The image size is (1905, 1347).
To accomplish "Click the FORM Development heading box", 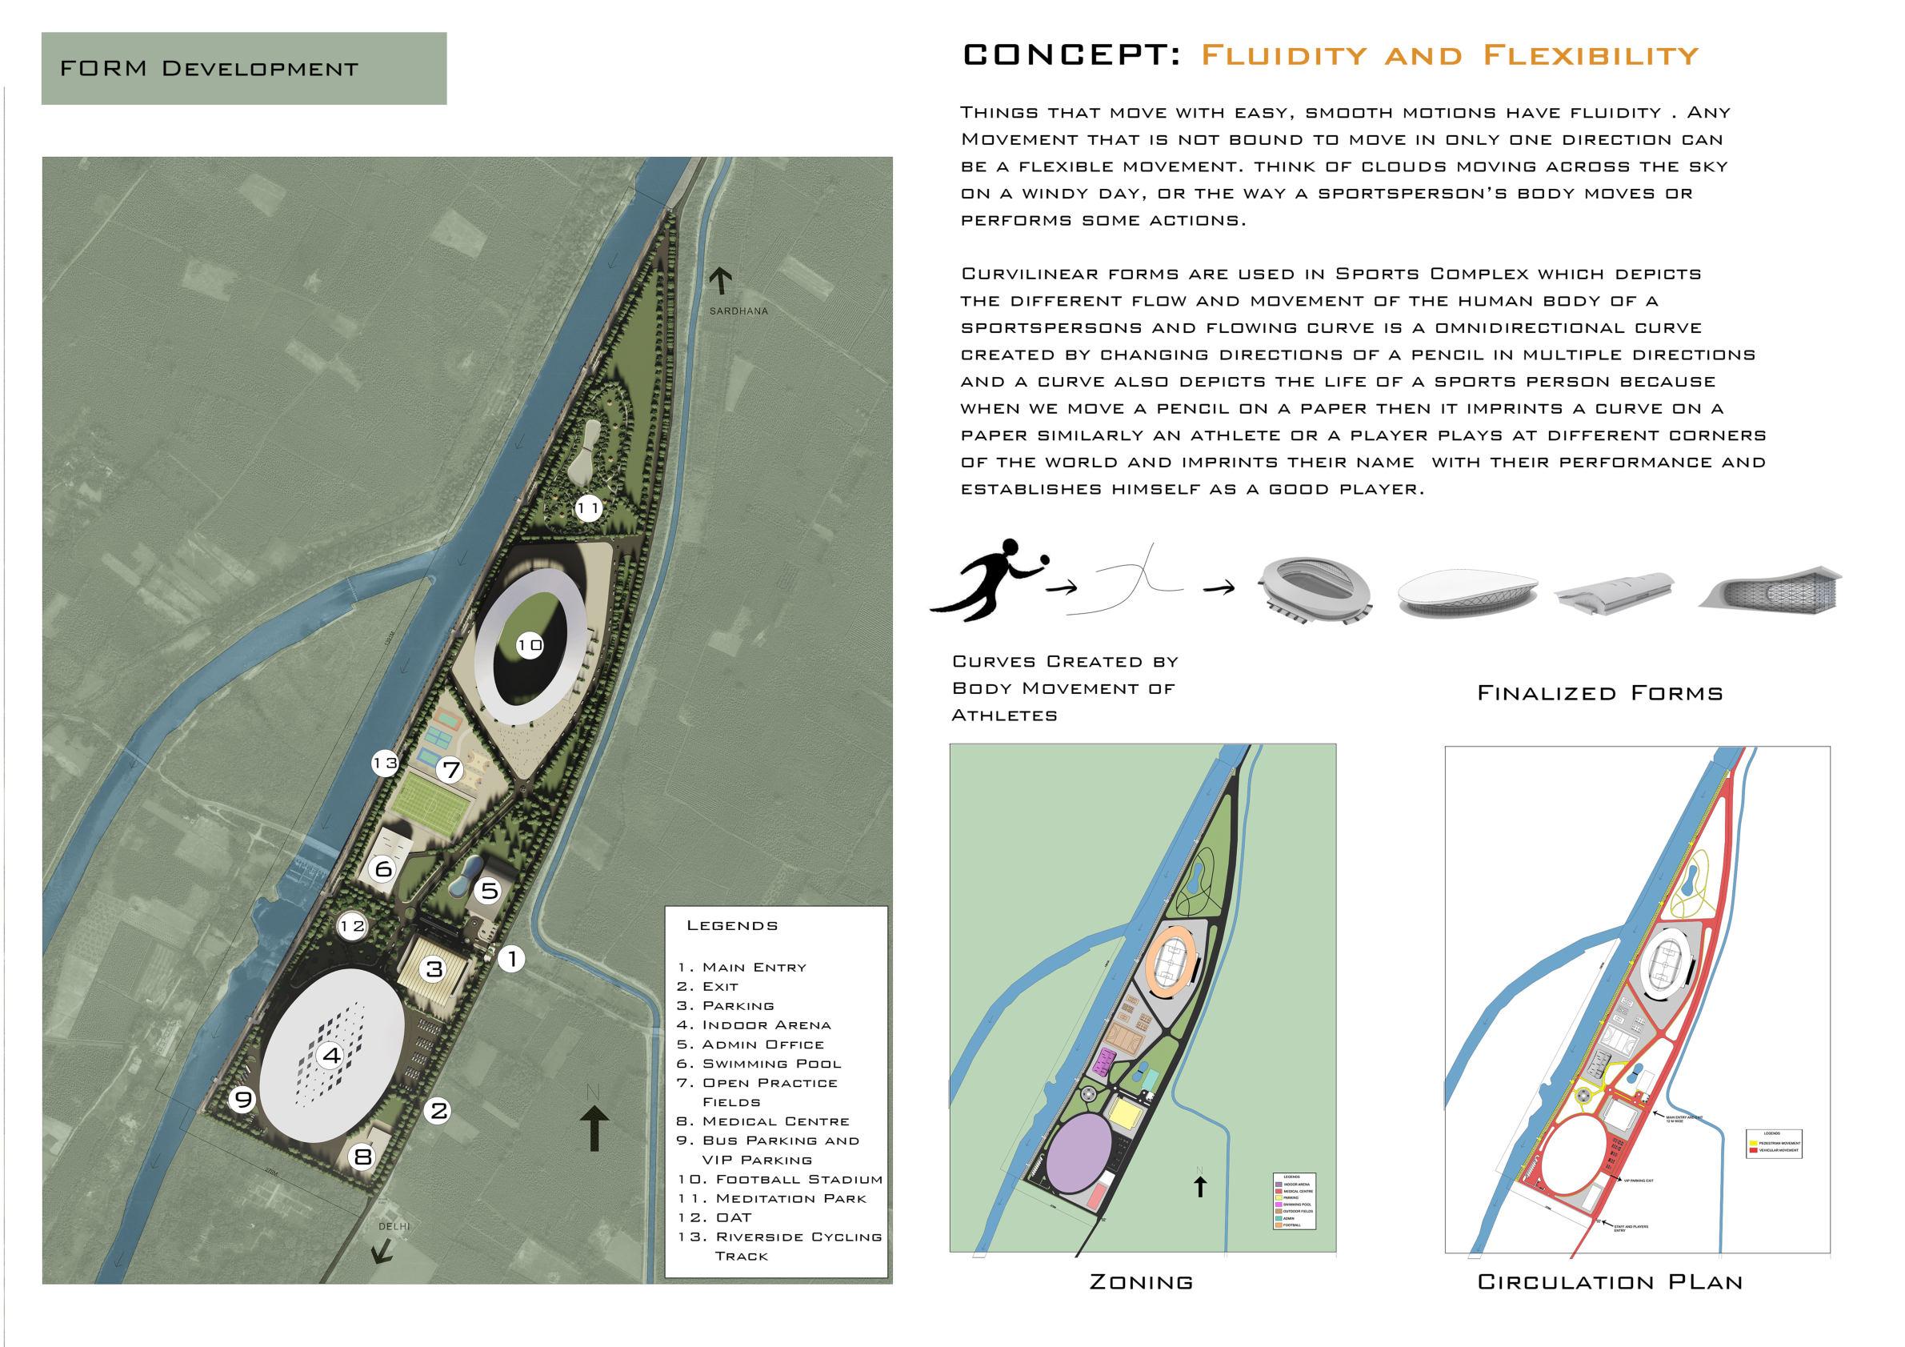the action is click(x=243, y=68).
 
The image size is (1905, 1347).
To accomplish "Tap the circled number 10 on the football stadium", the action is click(x=530, y=645).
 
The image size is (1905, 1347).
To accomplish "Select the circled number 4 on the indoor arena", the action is click(x=332, y=1056).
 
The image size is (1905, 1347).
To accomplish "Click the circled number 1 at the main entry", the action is click(x=511, y=959).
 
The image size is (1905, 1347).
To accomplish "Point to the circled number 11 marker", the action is click(x=588, y=508).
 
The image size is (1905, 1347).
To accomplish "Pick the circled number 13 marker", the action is click(x=385, y=763).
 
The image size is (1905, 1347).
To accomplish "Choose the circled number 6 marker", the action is click(x=383, y=869).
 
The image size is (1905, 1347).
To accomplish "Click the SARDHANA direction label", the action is click(x=738, y=311).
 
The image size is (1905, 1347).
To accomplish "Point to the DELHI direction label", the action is click(x=394, y=1227).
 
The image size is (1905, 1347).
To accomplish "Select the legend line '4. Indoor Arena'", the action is click(x=754, y=1025).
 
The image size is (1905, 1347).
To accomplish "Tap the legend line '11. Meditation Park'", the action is click(x=771, y=1198).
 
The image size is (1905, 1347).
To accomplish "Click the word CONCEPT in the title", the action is click(x=1071, y=54).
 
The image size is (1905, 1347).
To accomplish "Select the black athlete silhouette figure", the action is click(x=983, y=580).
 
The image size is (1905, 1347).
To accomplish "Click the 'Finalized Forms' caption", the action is click(x=1599, y=693).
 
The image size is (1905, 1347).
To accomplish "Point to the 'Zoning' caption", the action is click(x=1141, y=1282).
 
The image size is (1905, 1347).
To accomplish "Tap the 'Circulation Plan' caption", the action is click(x=1610, y=1282).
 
